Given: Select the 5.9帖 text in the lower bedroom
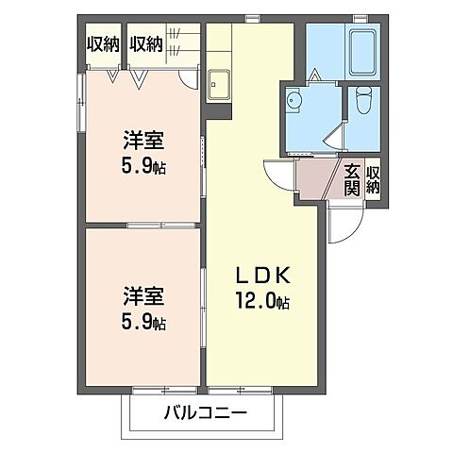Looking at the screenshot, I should pos(143,321).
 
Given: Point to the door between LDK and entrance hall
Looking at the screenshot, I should pos(280,176).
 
